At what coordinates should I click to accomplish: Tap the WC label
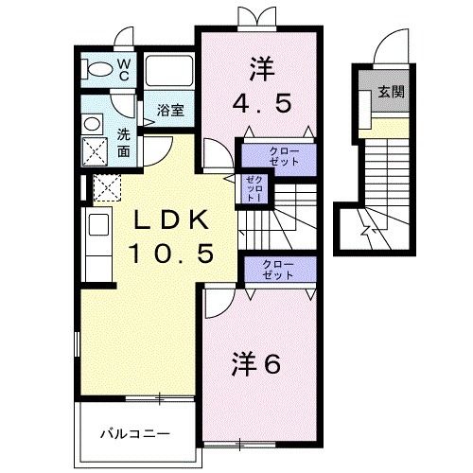pyautogui.click(x=124, y=70)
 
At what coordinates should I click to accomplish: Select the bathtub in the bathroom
pyautogui.click(x=169, y=71)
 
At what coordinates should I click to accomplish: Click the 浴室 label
pyautogui.click(x=170, y=111)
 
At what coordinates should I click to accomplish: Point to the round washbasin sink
pyautogui.click(x=92, y=124)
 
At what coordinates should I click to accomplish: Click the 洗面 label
pyautogui.click(x=124, y=143)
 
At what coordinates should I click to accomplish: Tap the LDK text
pyautogui.click(x=171, y=219)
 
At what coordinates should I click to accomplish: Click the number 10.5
pyautogui.click(x=171, y=254)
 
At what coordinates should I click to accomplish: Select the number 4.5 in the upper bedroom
pyautogui.click(x=261, y=104)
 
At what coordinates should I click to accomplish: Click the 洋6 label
pyautogui.click(x=256, y=364)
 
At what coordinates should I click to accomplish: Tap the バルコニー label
pyautogui.click(x=135, y=434)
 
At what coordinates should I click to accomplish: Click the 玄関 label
pyautogui.click(x=391, y=92)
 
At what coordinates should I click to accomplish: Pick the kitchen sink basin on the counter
pyautogui.click(x=99, y=224)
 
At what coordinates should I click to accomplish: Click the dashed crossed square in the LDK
pyautogui.click(x=107, y=187)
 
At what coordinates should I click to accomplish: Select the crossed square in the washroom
pyautogui.click(x=95, y=151)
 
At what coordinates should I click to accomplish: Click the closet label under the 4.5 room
pyautogui.click(x=284, y=156)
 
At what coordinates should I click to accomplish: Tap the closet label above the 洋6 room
pyautogui.click(x=277, y=270)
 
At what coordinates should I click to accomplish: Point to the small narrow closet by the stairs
pyautogui.click(x=254, y=189)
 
